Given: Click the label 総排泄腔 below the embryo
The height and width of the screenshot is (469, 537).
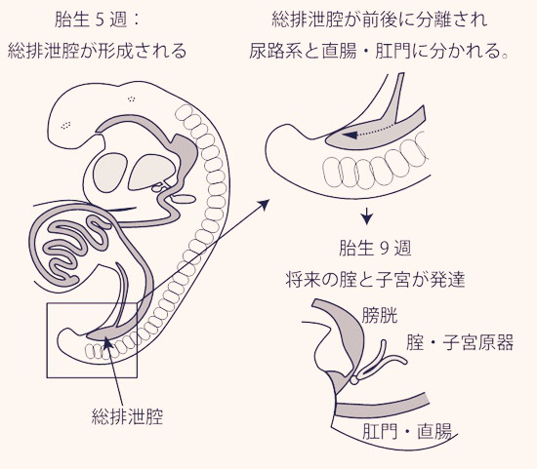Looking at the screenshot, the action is click(127, 416).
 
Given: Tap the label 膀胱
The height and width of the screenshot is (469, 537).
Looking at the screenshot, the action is click(380, 315).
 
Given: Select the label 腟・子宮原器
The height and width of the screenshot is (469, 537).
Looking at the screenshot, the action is click(460, 343).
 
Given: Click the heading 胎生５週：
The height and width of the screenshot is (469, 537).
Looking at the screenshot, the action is click(98, 20).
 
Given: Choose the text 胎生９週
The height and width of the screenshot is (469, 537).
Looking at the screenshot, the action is click(375, 248).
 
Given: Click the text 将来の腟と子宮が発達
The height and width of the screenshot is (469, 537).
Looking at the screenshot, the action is click(375, 280).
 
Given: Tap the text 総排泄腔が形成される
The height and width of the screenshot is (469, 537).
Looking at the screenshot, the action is click(98, 52).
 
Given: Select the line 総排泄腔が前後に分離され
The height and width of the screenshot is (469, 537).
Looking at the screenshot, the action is click(380, 20).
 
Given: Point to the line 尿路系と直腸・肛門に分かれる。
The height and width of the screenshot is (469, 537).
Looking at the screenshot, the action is click(379, 52).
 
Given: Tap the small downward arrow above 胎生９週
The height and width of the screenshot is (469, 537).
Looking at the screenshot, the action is click(367, 216).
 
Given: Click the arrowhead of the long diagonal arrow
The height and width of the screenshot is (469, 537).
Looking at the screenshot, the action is click(264, 204).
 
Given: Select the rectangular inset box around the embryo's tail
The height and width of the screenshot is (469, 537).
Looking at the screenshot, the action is click(47, 340).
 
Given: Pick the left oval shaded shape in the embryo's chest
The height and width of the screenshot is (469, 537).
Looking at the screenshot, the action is click(110, 172).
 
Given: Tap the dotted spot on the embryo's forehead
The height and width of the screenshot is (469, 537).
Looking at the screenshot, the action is click(65, 125).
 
